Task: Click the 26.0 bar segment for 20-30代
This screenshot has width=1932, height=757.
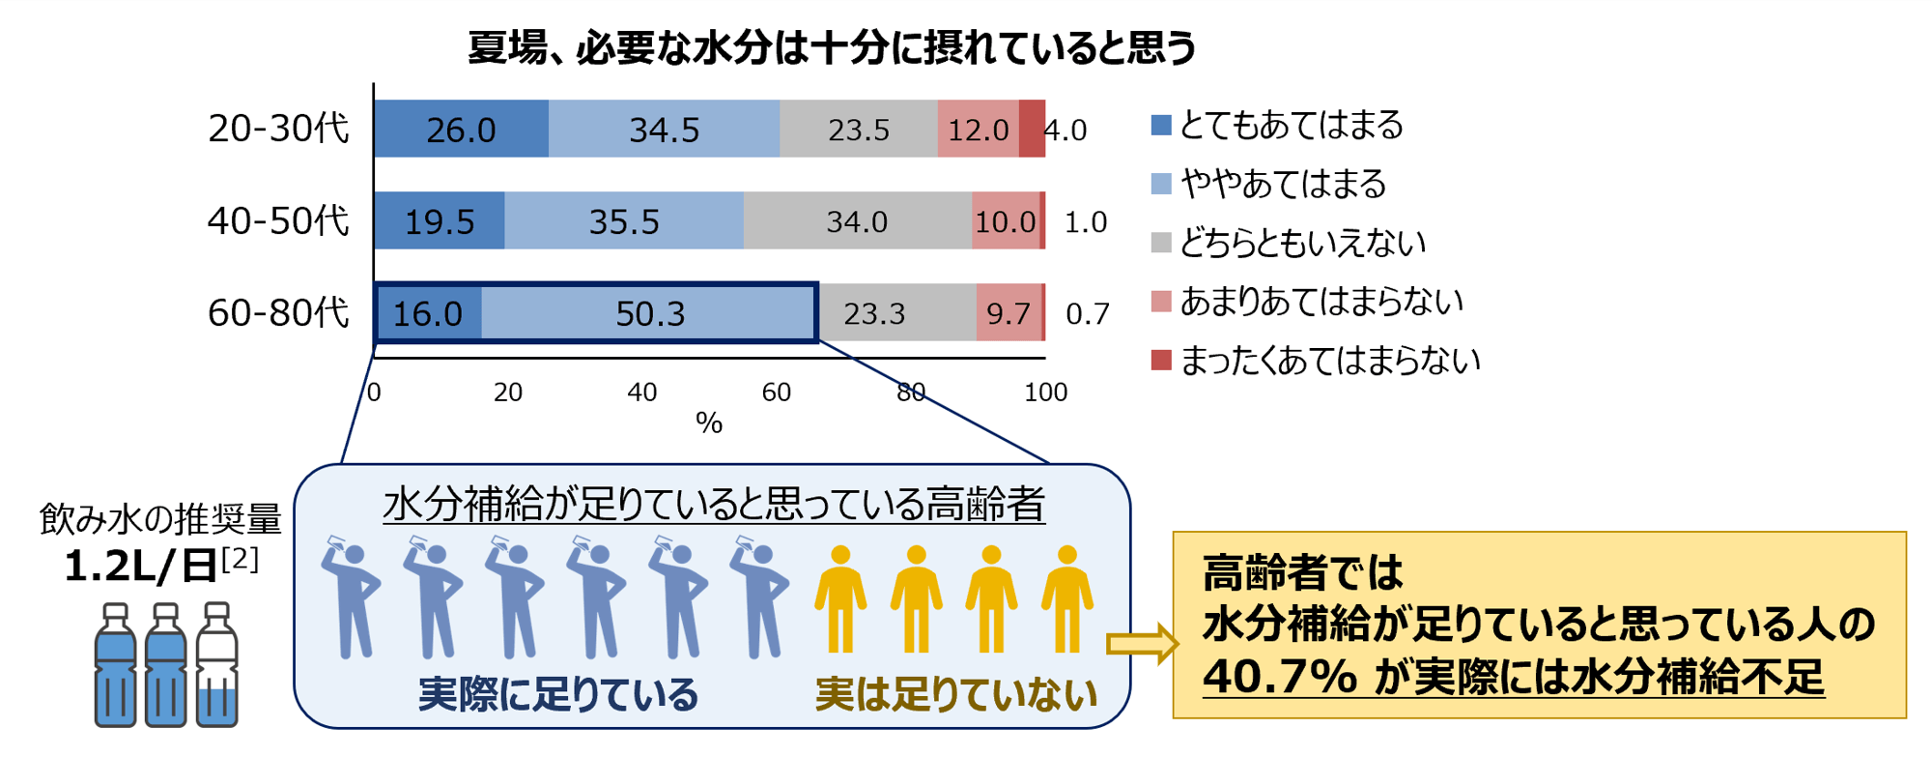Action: pyautogui.click(x=461, y=129)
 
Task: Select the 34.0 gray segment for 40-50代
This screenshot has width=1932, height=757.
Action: pyautogui.click(x=857, y=221)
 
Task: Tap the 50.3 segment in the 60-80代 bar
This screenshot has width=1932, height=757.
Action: pyautogui.click(x=649, y=313)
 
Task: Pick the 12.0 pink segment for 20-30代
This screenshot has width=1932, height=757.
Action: pyautogui.click(x=978, y=129)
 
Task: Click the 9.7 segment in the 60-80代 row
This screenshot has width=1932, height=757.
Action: pyautogui.click(x=1009, y=313)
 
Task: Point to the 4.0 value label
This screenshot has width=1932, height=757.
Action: pyautogui.click(x=1065, y=130)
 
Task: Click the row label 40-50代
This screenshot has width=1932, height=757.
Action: pyautogui.click(x=278, y=221)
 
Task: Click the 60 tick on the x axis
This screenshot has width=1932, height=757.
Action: pyautogui.click(x=776, y=392)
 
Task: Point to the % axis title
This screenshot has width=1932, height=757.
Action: pyautogui.click(x=709, y=422)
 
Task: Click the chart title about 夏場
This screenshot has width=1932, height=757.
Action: pyautogui.click(x=832, y=46)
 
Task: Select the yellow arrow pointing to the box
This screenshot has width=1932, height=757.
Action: pyautogui.click(x=1142, y=644)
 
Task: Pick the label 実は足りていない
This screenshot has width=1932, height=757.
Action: pyautogui.click(x=955, y=694)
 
